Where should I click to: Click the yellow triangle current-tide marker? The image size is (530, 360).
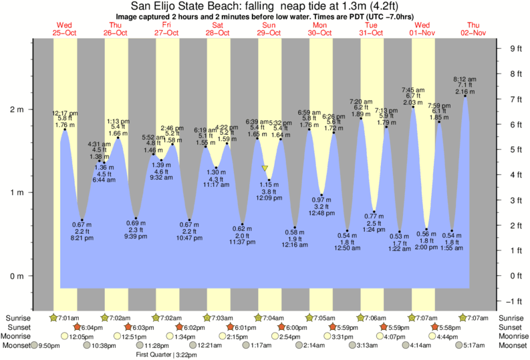[265, 169]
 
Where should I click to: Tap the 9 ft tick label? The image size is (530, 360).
[515, 48]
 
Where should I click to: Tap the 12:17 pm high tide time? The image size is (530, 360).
[65, 114]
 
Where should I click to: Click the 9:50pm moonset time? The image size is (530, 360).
[50, 345]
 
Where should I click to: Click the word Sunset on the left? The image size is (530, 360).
[16, 327]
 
